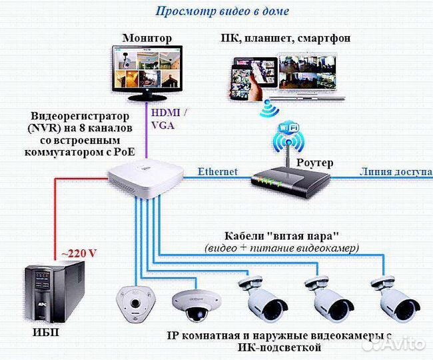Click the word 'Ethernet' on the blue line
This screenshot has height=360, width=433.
[217, 171]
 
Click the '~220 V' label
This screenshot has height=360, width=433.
[79, 253]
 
